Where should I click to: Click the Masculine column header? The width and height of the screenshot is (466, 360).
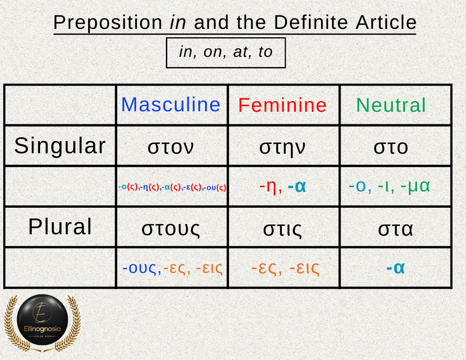pos(171,105)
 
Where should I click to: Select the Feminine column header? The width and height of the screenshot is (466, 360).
pos(282,105)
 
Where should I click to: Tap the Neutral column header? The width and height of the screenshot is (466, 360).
pos(391,105)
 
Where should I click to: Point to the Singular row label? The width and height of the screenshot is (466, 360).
pos(60,146)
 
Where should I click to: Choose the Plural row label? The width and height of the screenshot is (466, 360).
pos(60,227)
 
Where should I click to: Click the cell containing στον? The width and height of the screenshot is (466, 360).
pos(172,146)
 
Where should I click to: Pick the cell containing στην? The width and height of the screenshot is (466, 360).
pos(283,146)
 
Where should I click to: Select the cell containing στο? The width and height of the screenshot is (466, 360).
pos(395,146)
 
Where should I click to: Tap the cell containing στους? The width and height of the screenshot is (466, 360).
pos(172,227)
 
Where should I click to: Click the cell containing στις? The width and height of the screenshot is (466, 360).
pos(283,227)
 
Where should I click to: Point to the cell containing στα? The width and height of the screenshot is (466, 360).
pos(395,227)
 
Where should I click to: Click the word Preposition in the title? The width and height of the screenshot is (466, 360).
pos(108,23)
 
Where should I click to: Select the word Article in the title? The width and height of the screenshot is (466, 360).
pos(386,22)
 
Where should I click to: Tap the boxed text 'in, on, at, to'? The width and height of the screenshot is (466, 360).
pos(226,53)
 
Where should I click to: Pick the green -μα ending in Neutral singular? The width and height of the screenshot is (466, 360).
pos(415,187)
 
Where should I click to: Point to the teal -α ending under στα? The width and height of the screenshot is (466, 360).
pos(396,268)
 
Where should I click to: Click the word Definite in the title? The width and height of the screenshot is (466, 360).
pos(311,22)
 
